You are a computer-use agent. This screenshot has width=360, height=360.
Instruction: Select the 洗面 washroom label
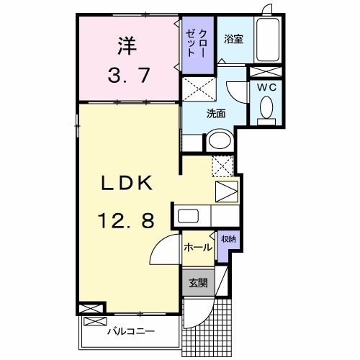point(216,112)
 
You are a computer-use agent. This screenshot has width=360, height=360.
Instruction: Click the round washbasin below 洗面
point(220,140)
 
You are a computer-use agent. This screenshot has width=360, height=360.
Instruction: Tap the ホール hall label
point(197,248)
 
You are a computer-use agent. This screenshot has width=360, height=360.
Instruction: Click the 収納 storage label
point(228,239)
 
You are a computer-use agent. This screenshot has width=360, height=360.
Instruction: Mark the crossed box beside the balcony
point(94,309)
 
